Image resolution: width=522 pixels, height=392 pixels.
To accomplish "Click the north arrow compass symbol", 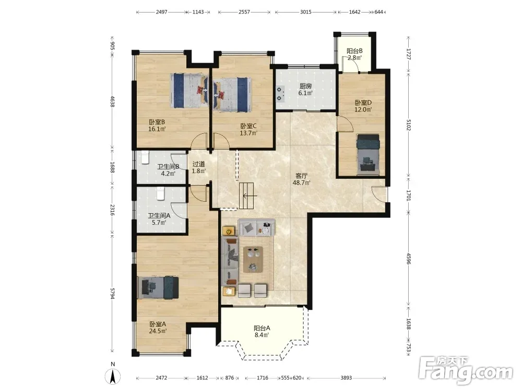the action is point(113,377).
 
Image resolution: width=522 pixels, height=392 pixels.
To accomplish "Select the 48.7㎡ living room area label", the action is point(301,179).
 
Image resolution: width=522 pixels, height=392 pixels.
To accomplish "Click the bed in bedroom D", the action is point(368,154).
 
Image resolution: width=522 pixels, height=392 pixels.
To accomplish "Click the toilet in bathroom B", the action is point(145,157).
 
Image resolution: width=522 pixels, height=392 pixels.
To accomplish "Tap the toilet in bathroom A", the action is point(160,194).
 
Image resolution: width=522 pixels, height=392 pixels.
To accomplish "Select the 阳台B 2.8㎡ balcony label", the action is point(354,54).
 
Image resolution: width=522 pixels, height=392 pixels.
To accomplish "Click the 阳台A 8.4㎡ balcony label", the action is point(262,332).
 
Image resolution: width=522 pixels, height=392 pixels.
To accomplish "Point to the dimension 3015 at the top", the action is point(305,12).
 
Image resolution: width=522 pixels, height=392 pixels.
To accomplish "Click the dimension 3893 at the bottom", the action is point(346,378).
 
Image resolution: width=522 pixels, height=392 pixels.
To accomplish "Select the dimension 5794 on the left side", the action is point(112,294).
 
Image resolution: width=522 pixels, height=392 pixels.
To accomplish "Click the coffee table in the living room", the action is point(254,259).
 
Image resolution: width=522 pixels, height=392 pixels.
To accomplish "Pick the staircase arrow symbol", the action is point(246,195).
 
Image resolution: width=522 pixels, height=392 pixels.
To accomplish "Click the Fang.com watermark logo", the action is point(466,370).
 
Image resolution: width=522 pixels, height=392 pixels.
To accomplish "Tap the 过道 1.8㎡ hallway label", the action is point(199,167).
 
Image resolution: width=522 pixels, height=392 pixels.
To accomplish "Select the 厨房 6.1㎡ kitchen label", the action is point(305,90).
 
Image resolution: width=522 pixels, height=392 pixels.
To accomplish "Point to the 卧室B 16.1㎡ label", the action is point(157,125).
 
